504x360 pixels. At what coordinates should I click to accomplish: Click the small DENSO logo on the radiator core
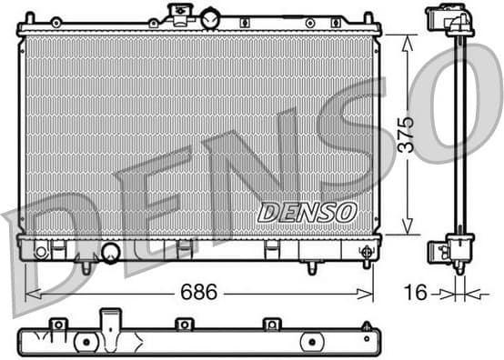[306, 212]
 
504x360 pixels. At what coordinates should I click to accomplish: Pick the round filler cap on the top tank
[210, 17]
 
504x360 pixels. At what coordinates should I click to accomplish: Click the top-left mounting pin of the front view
[29, 18]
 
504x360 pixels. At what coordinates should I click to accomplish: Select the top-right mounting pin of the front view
[368, 18]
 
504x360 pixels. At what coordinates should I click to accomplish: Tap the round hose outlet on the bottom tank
[111, 253]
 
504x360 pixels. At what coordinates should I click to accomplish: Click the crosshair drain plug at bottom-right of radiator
[367, 251]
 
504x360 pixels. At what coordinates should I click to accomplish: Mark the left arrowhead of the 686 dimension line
[30, 293]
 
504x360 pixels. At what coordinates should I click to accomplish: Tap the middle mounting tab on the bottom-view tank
[184, 324]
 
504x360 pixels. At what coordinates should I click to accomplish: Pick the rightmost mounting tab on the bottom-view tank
[270, 324]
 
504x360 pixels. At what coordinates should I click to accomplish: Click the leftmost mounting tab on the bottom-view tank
[58, 324]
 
